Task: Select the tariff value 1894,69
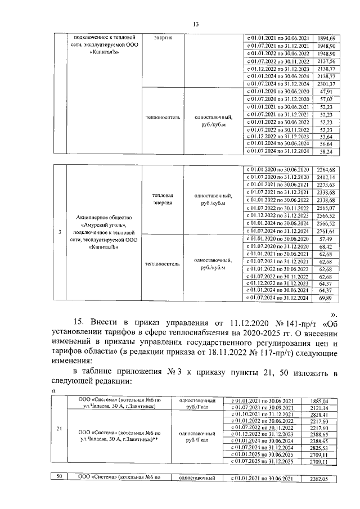326,37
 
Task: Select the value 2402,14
326,177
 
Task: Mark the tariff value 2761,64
326,231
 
